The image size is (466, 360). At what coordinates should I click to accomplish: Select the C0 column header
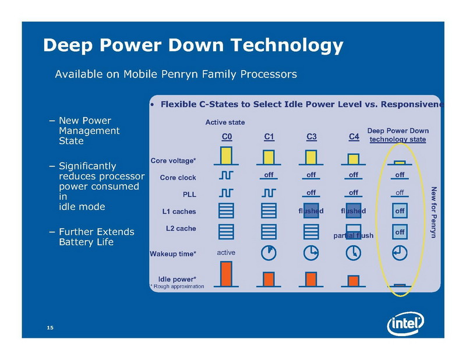pyautogui.click(x=227, y=137)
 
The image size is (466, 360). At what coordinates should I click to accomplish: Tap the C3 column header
pyautogui.click(x=311, y=137)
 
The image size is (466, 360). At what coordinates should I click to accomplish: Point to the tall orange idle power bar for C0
pyautogui.click(x=227, y=274)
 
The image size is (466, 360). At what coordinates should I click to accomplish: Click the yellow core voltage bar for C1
pyautogui.click(x=269, y=157)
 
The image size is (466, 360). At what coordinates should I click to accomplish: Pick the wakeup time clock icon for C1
pyautogui.click(x=269, y=253)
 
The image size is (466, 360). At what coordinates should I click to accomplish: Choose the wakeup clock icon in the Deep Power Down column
pyautogui.click(x=400, y=253)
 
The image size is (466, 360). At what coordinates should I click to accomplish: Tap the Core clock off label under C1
pyautogui.click(x=269, y=175)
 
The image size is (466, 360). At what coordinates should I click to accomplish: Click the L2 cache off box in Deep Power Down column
pyautogui.click(x=400, y=232)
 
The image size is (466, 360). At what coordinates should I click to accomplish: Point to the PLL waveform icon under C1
pyautogui.click(x=269, y=192)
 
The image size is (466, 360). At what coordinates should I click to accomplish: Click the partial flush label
pyautogui.click(x=353, y=236)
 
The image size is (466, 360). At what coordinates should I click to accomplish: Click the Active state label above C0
pyautogui.click(x=225, y=122)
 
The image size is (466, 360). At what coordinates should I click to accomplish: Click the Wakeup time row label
pyautogui.click(x=173, y=254)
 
